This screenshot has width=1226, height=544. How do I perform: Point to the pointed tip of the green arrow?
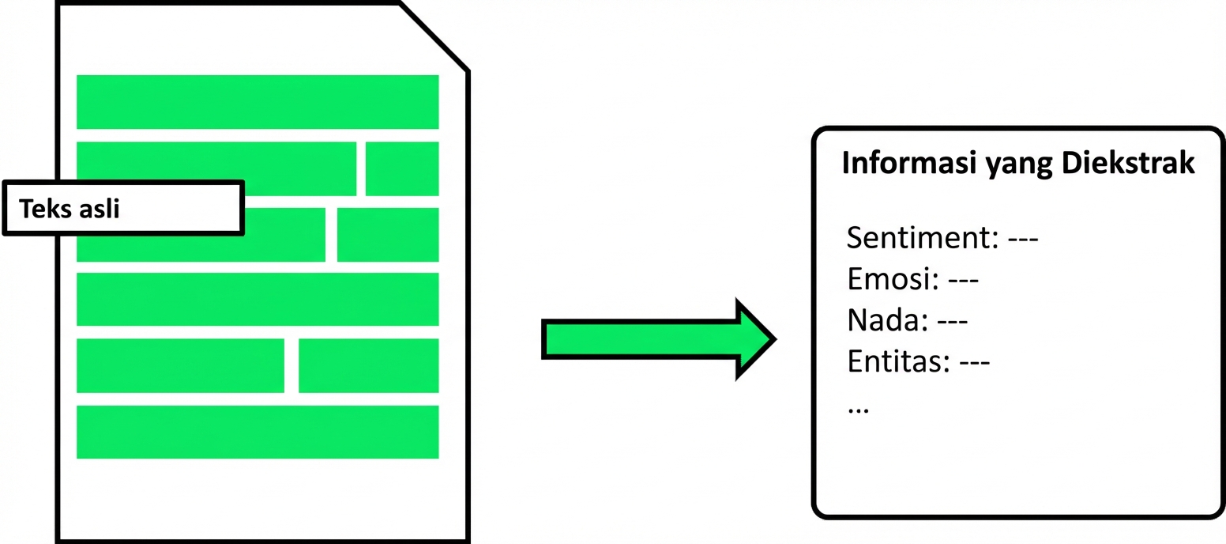click(772, 340)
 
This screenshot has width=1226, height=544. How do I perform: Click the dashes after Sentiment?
click(1024, 238)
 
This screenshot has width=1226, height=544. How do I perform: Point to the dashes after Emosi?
click(963, 280)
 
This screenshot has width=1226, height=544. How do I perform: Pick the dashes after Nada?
click(952, 321)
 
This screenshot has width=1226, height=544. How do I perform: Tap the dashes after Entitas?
click(974, 362)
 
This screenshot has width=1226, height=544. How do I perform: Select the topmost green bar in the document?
click(258, 102)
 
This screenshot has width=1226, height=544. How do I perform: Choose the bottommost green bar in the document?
click(258, 432)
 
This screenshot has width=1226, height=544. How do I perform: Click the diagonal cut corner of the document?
click(434, 36)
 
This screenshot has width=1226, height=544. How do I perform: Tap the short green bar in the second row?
click(402, 168)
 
